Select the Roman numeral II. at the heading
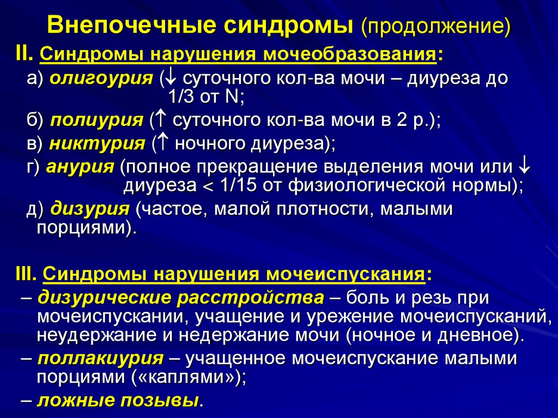pos(25,54)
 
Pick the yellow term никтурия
pos(97,144)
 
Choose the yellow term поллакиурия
pos(101,359)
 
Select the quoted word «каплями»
pos(184,377)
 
